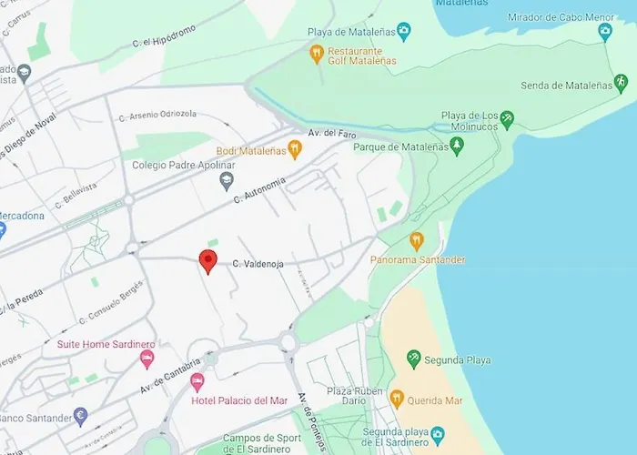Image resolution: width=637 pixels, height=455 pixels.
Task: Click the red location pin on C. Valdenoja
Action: pos(207,260)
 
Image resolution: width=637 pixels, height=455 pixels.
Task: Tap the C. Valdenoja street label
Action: pos(258,264)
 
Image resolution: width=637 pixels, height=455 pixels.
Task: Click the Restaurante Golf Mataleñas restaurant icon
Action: pos(317,54)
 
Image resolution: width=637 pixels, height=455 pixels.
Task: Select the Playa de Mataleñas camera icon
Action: pos(404,32)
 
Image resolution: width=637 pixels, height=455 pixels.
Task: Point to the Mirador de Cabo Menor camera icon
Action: pos(605,32)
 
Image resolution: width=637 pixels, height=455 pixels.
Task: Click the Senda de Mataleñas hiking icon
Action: pos(621,85)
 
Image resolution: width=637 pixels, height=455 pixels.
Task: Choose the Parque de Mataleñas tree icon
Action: pos(457,147)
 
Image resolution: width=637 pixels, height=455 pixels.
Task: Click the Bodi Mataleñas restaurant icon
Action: pos(294,150)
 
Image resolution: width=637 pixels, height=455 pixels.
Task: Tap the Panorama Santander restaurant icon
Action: pos(417,241)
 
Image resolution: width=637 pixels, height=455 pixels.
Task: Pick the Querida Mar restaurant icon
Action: pos(397,399)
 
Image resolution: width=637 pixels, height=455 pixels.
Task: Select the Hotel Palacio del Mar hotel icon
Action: pos(210,381)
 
